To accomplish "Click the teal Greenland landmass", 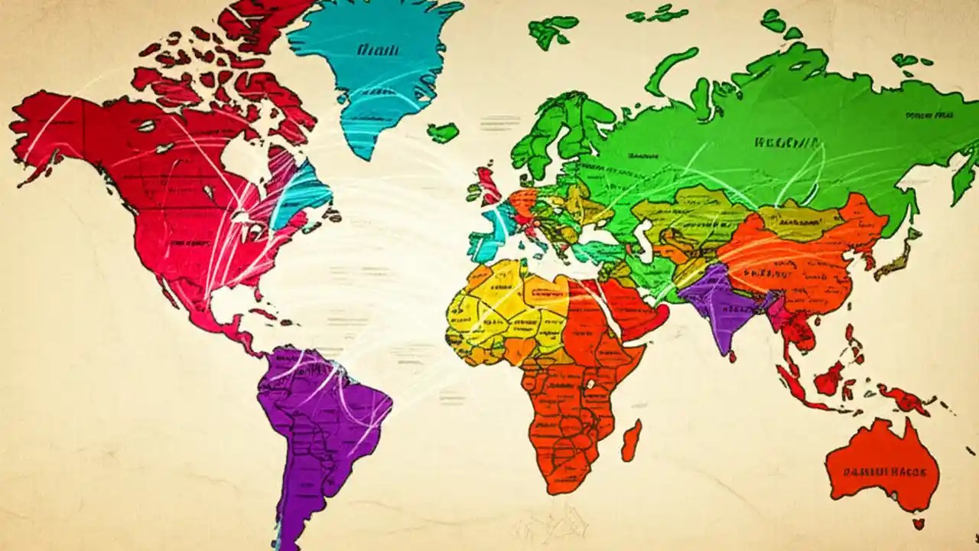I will tap(367, 69).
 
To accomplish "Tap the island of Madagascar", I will tap(631, 441).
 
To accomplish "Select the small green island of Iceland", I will tap(442, 132).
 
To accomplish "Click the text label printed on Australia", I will tap(884, 472).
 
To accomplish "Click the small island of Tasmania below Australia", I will tap(917, 524).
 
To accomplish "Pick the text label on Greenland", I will tap(377, 51).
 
